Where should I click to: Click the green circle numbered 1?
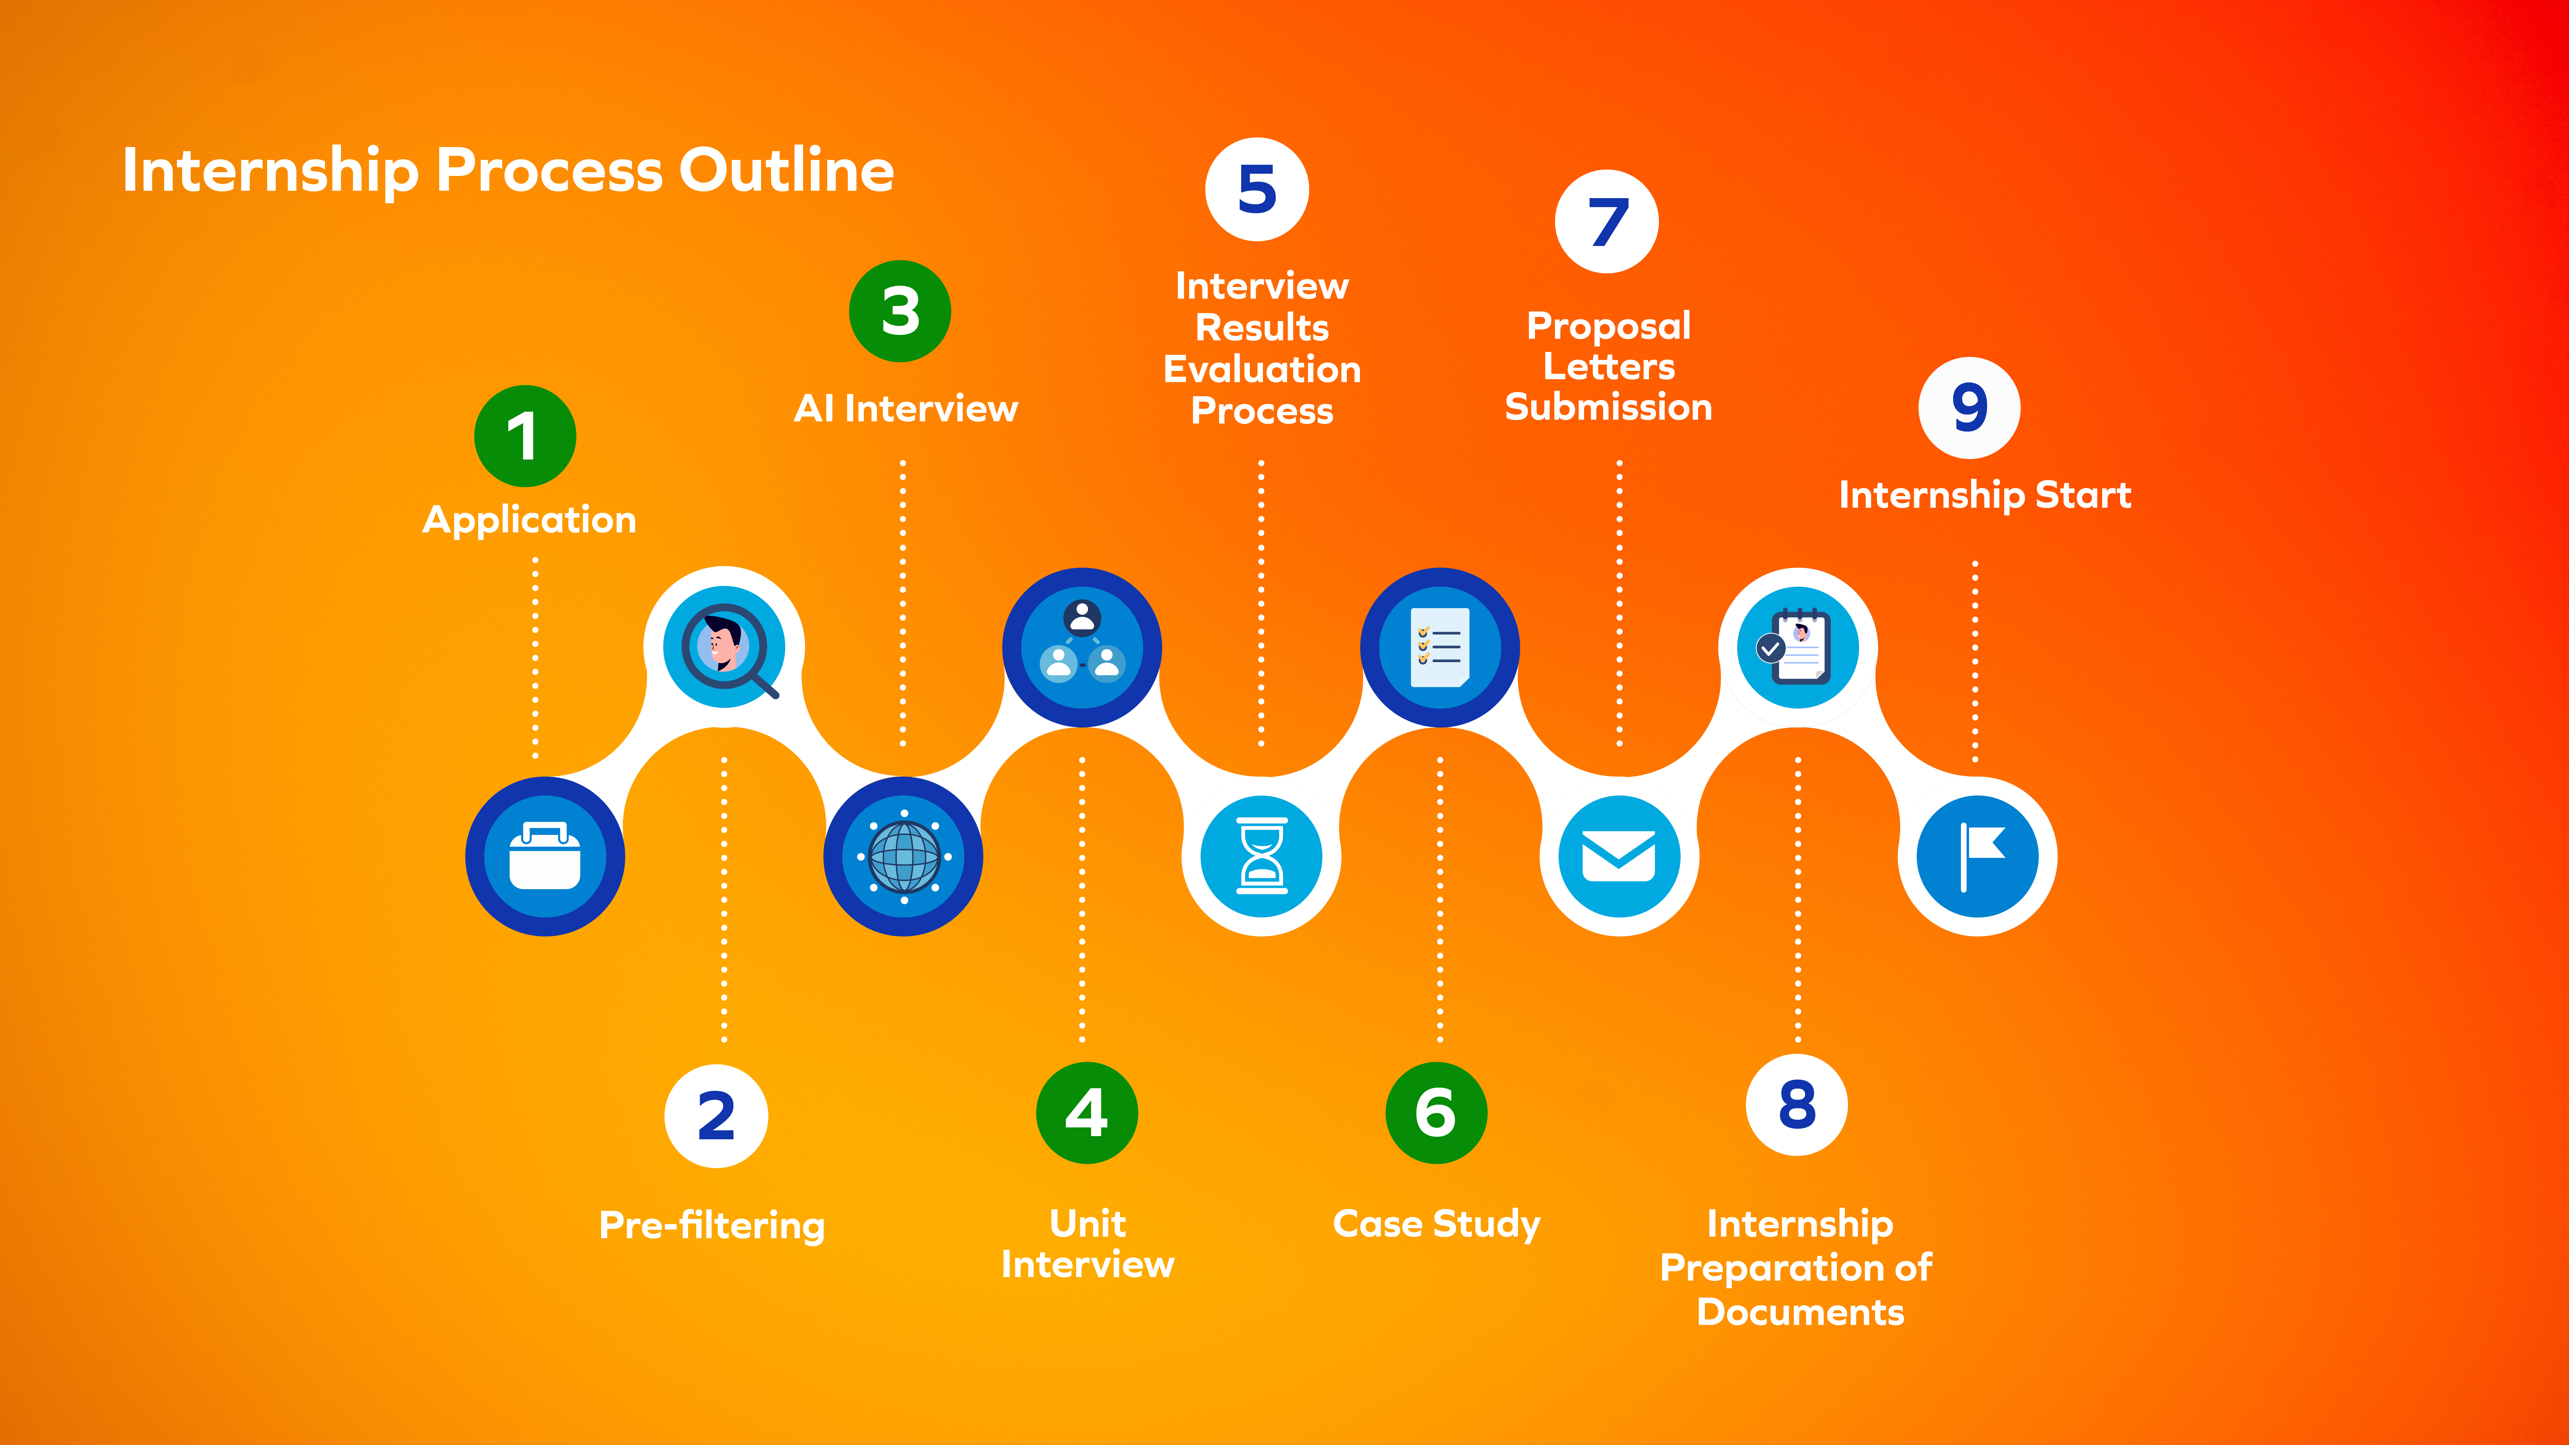[x=525, y=436]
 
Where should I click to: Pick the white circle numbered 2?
[x=716, y=1115]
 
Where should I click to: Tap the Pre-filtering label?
[x=712, y=1225]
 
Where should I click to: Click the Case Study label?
[x=1436, y=1224]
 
